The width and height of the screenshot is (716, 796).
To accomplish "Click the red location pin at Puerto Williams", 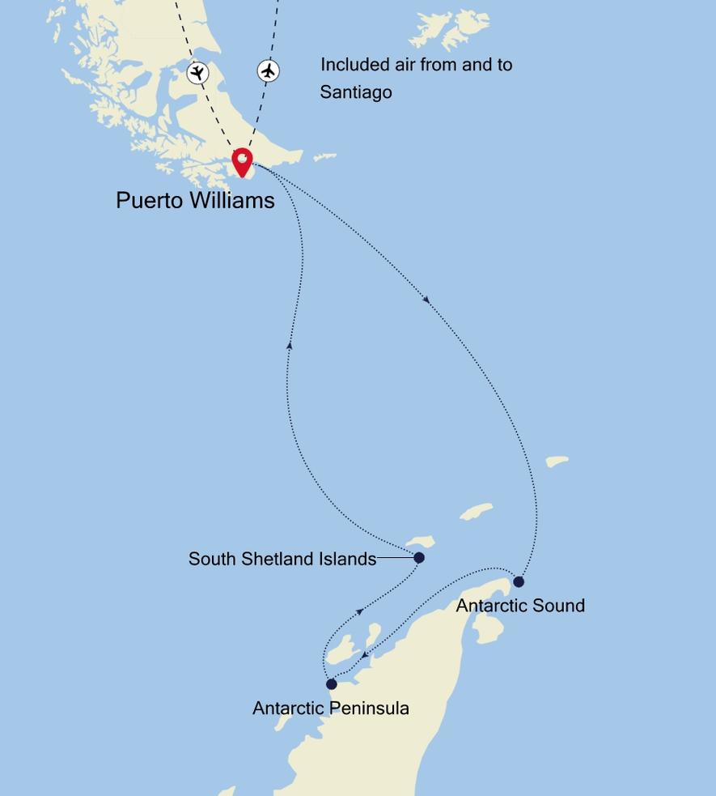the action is pos(242,161).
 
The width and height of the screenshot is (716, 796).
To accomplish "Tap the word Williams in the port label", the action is pos(235,200).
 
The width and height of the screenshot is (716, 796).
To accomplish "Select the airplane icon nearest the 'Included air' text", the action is pos(269,71).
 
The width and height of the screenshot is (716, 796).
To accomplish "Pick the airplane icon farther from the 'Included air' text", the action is pos(197,73).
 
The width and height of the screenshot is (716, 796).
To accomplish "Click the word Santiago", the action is pos(356,92).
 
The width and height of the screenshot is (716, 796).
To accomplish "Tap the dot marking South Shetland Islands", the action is pos(419,558).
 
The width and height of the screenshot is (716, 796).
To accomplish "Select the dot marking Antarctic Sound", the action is pos(519,581).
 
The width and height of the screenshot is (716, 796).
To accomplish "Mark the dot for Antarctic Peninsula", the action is pos(332,684).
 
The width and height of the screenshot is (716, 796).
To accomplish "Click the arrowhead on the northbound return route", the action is pos(289,345).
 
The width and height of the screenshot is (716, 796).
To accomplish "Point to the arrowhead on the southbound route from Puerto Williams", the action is pos(426,300).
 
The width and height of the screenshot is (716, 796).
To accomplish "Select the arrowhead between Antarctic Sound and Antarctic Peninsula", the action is pos(366,654).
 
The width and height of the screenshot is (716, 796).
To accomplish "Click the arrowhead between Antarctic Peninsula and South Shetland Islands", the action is pos(359,610).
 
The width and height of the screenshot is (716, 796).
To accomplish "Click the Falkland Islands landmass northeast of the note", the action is pos(450,28).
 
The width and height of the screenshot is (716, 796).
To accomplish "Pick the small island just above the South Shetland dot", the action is pos(420,542).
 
